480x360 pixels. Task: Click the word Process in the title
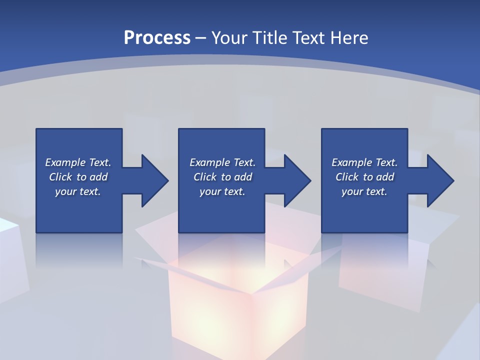coord(157,38)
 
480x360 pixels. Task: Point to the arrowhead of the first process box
coord(153,180)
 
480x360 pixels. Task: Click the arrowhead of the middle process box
coord(295,180)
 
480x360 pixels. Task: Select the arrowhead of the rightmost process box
coord(438,180)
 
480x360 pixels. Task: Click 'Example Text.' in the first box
coord(78,162)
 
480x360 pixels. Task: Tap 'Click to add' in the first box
coord(78,177)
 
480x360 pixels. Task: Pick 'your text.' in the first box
coord(78,191)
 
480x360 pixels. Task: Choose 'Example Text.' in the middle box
coord(222,162)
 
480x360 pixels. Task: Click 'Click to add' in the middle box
coord(222,177)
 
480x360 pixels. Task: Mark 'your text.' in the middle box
coord(222,191)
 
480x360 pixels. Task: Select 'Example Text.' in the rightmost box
coord(364,162)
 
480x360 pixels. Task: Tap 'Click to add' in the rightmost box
coord(364,177)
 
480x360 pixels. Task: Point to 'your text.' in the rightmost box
coord(364,191)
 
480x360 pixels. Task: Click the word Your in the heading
coord(228,38)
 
